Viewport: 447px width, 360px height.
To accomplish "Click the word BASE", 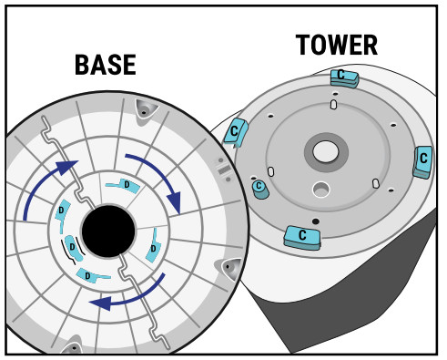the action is (x=106, y=65).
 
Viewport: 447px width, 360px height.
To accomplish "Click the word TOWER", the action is (x=337, y=45).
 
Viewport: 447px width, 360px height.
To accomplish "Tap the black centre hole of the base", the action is (x=108, y=231).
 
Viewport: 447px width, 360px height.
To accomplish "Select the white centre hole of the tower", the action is (x=326, y=151).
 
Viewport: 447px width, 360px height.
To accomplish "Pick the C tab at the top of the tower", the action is (x=345, y=78).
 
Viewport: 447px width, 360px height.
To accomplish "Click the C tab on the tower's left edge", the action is (x=236, y=132).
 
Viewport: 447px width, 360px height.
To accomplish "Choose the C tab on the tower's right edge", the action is (x=422, y=162).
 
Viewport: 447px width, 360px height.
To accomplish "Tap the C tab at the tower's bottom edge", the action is (x=302, y=238).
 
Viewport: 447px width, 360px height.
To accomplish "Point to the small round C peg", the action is (x=260, y=190).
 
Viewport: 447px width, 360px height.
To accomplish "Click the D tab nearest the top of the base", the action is (x=125, y=185).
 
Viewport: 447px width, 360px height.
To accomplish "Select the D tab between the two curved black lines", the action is (x=73, y=248).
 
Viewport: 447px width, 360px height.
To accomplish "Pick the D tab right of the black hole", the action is (x=153, y=246).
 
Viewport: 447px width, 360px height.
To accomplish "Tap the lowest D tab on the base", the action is (x=91, y=275).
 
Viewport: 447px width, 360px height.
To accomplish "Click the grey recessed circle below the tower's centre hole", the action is (x=321, y=190).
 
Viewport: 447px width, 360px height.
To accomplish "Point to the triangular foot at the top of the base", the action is (x=146, y=110).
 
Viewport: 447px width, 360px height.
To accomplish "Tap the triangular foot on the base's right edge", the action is (x=230, y=269).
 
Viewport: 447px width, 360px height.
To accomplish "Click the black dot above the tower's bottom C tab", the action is (x=316, y=221).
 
